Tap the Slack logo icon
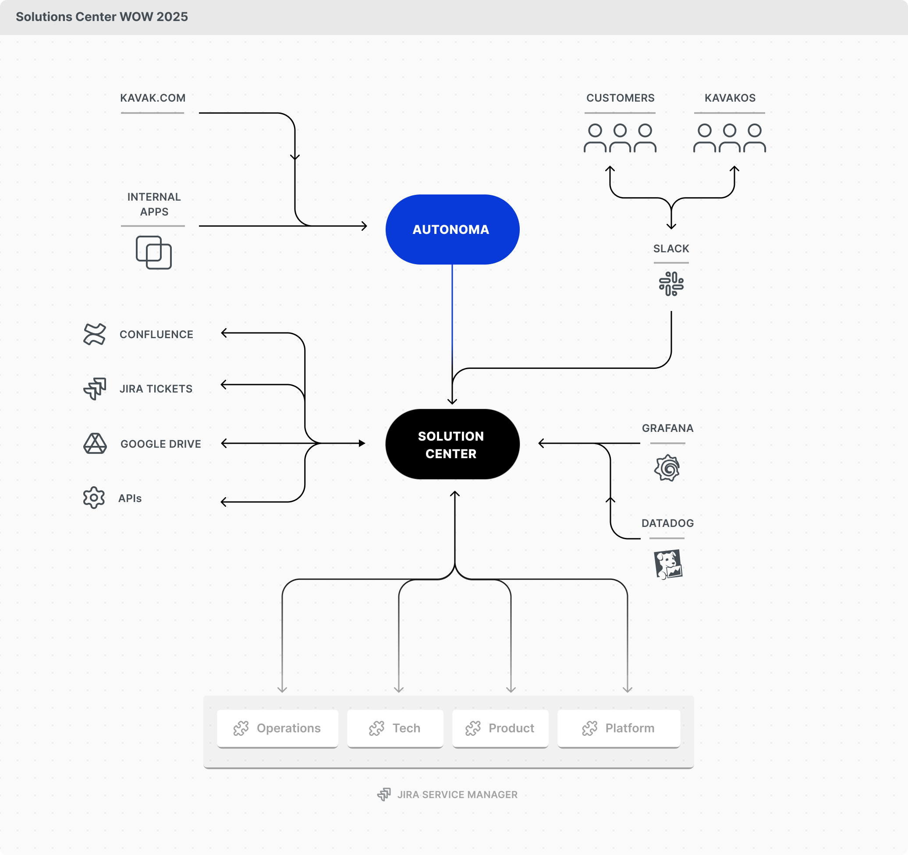(671, 283)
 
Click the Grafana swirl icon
(667, 468)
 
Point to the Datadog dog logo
(668, 564)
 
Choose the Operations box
(278, 728)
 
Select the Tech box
(395, 728)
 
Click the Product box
(500, 728)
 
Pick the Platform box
(618, 728)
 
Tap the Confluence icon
(95, 334)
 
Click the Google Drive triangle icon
(95, 444)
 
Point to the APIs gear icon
(94, 498)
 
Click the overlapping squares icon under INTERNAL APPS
(153, 252)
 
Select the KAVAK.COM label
(153, 98)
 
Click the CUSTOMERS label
(620, 98)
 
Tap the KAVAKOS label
(730, 98)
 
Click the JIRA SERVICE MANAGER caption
(457, 795)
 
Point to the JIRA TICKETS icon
(95, 389)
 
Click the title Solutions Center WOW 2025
(102, 17)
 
